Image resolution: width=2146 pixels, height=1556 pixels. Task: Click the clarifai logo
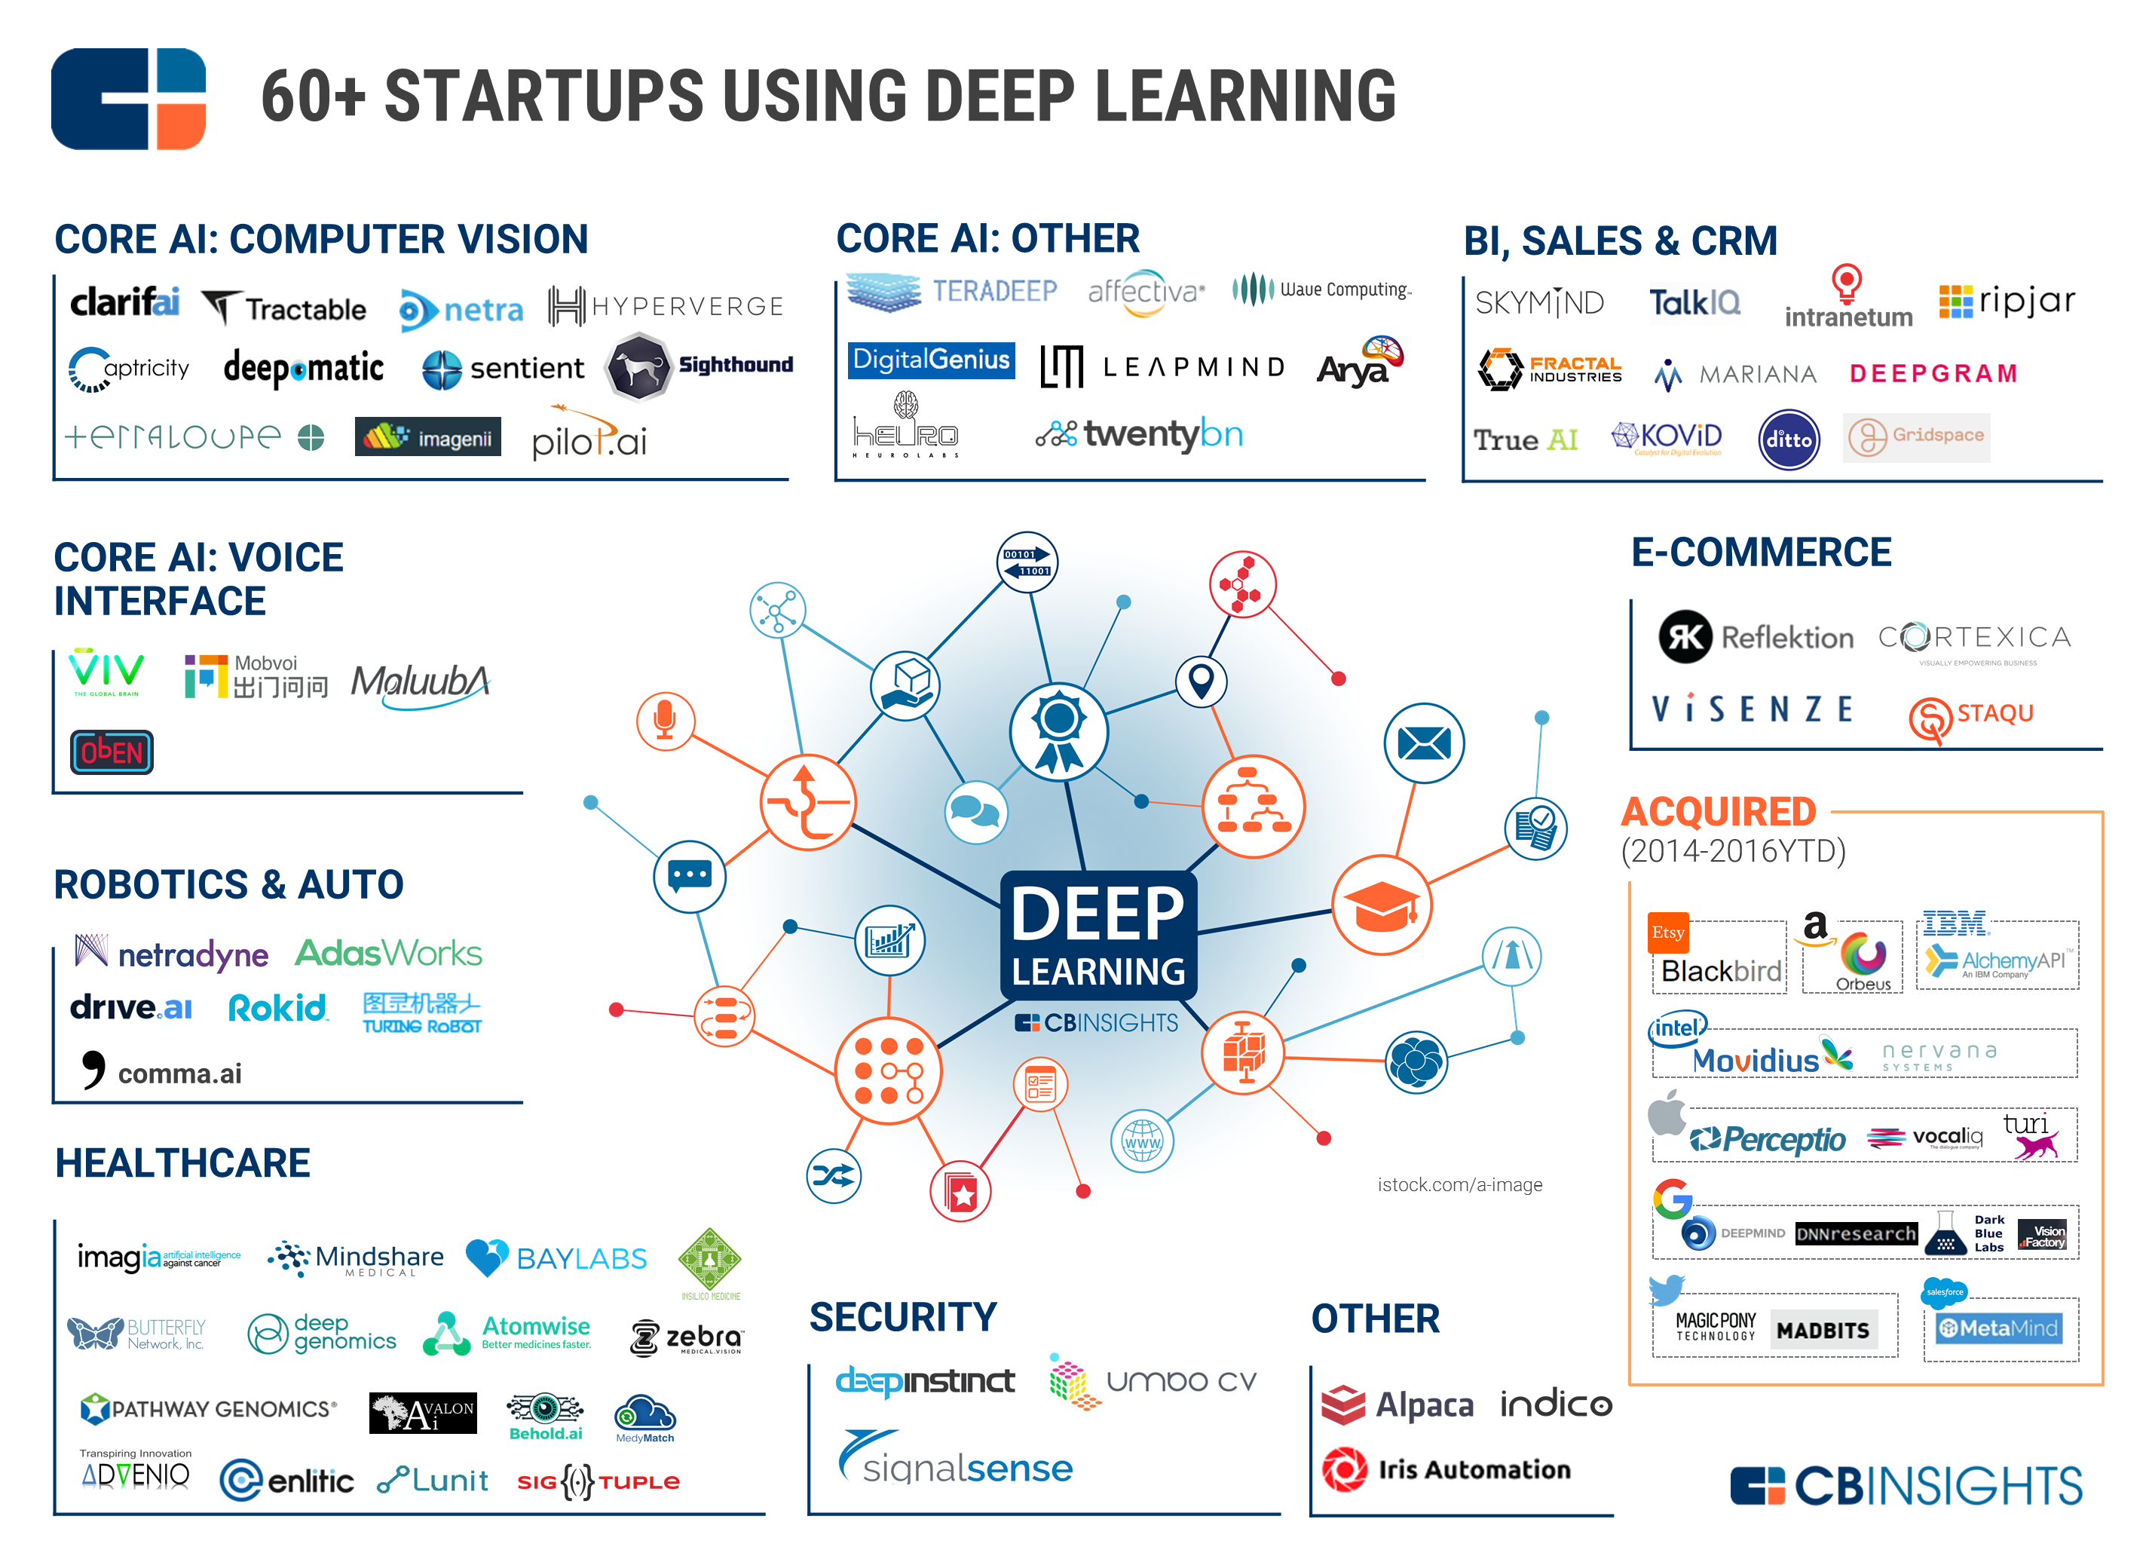(x=125, y=303)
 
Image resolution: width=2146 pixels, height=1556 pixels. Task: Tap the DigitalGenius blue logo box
(x=931, y=360)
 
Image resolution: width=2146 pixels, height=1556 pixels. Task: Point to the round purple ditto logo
(x=1788, y=440)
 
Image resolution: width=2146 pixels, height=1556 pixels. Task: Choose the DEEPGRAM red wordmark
(x=1933, y=373)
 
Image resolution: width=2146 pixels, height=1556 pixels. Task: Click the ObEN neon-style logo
(x=112, y=752)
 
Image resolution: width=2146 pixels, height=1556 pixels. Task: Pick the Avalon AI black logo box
(x=423, y=1413)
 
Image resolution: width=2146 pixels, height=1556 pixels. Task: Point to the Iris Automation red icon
(x=1345, y=1469)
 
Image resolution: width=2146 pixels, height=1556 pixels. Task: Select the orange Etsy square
(x=1668, y=933)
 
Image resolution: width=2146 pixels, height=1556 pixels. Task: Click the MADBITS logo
(x=1823, y=1330)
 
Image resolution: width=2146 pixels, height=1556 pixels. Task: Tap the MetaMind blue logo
(x=1998, y=1328)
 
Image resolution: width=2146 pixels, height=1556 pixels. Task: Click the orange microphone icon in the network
(x=665, y=720)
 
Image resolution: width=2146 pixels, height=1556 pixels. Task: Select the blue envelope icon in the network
(x=1424, y=743)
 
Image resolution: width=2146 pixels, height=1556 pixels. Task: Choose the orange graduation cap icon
(x=1382, y=905)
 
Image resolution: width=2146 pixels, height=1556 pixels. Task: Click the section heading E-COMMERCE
(x=1761, y=553)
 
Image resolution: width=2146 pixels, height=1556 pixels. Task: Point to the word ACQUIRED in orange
(x=1719, y=812)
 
